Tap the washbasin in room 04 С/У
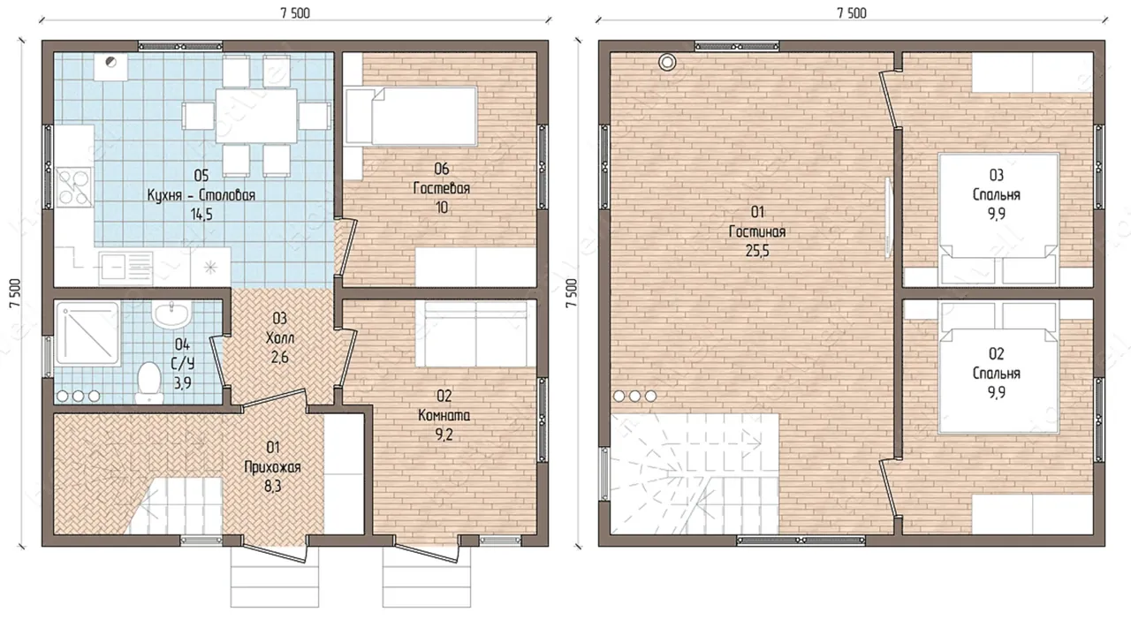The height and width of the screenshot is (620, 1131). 171,314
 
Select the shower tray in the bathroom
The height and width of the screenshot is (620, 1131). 87,333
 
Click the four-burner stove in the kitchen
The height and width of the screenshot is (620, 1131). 74,187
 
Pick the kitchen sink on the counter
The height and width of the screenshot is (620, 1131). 126,266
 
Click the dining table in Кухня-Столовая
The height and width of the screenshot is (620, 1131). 256,116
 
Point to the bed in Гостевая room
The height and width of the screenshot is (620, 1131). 411,117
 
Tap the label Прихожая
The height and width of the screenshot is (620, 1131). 273,467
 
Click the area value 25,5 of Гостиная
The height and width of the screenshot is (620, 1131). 757,251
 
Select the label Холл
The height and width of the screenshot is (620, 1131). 280,337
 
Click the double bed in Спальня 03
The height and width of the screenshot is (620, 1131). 998,218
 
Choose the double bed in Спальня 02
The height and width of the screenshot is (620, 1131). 998,367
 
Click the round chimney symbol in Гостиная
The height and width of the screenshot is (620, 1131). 667,62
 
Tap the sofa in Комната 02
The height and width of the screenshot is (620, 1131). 475,334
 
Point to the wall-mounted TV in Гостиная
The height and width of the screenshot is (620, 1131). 889,218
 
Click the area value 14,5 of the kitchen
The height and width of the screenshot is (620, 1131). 201,215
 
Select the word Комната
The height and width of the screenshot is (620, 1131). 444,415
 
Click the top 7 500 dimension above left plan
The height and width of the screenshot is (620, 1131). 295,13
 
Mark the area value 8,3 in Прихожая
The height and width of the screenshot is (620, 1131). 273,487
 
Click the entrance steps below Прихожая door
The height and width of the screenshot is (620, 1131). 275,577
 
